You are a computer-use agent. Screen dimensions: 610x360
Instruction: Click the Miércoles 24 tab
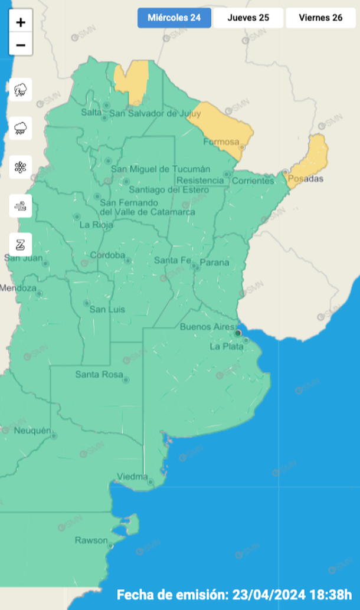pyautogui.click(x=174, y=18)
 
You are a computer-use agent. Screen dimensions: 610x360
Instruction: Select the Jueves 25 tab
pyautogui.click(x=248, y=18)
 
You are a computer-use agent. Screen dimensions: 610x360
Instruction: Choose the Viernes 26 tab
pyautogui.click(x=320, y=18)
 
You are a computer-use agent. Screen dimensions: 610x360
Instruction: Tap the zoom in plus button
pyautogui.click(x=21, y=22)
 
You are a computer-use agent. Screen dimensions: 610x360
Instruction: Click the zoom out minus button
pyautogui.click(x=21, y=45)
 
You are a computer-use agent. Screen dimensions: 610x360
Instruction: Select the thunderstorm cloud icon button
pyautogui.click(x=21, y=90)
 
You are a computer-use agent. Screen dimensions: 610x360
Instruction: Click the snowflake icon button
pyautogui.click(x=21, y=167)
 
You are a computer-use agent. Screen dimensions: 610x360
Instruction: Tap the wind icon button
pyautogui.click(x=21, y=206)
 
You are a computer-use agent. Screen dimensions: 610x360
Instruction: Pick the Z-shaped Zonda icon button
pyautogui.click(x=21, y=244)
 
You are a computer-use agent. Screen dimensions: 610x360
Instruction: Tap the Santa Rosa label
pyautogui.click(x=99, y=375)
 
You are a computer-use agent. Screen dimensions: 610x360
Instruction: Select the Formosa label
pyautogui.click(x=221, y=142)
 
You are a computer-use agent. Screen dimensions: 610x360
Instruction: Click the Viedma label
pyautogui.click(x=132, y=476)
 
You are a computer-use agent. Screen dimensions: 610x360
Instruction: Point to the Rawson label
pyautogui.click(x=91, y=540)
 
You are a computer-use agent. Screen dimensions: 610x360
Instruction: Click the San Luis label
pyautogui.click(x=107, y=309)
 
